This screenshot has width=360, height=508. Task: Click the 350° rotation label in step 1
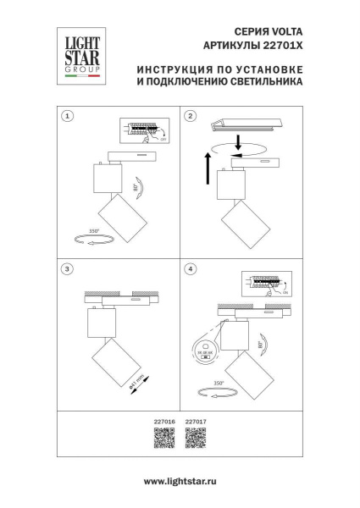click(93, 231)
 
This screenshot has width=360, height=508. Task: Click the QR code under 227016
click(164, 438)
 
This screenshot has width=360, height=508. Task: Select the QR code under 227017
click(195, 438)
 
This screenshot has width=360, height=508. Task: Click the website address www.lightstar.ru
click(180, 481)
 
